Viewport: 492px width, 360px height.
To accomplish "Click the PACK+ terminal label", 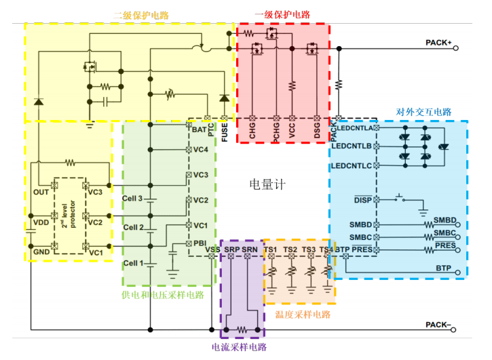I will click(x=438, y=42).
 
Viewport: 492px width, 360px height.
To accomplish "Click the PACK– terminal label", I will click(x=438, y=324).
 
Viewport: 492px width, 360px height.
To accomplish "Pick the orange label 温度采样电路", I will click(x=303, y=314).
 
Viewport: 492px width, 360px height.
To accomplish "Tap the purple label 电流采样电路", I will click(x=239, y=347).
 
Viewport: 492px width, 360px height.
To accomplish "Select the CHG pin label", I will click(x=252, y=131).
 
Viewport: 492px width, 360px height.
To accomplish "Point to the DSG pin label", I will click(x=317, y=131).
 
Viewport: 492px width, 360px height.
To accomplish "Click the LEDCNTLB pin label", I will click(x=352, y=146).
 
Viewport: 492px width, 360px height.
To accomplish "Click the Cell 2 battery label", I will click(x=133, y=227).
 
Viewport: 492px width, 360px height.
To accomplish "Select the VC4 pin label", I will click(x=200, y=149).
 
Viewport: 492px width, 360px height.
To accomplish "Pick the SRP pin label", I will click(x=232, y=250).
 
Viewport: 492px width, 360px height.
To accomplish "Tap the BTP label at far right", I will click(x=443, y=268).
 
